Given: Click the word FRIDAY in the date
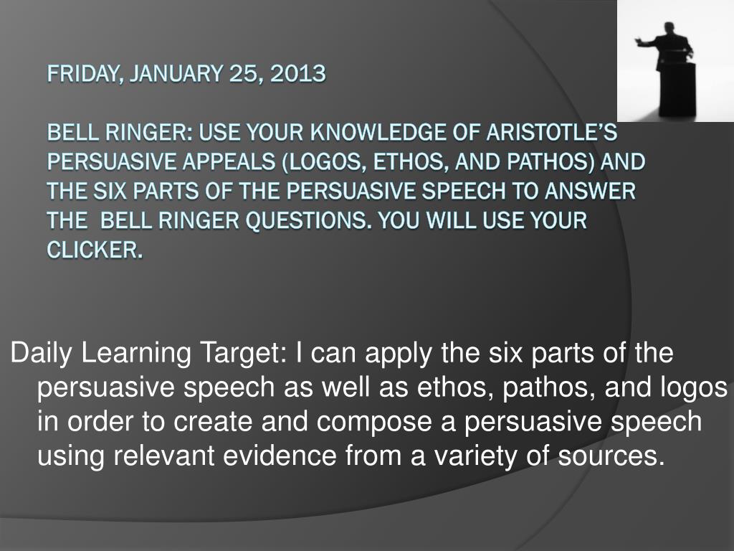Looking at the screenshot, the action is pyautogui.click(x=82, y=74).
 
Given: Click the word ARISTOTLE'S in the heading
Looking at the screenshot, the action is pyautogui.click(x=551, y=133).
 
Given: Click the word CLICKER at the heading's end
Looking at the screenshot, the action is pyautogui.click(x=94, y=250).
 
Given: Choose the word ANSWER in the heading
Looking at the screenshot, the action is pyautogui.click(x=589, y=191).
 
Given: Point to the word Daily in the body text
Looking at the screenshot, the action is pyautogui.click(x=42, y=353).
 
